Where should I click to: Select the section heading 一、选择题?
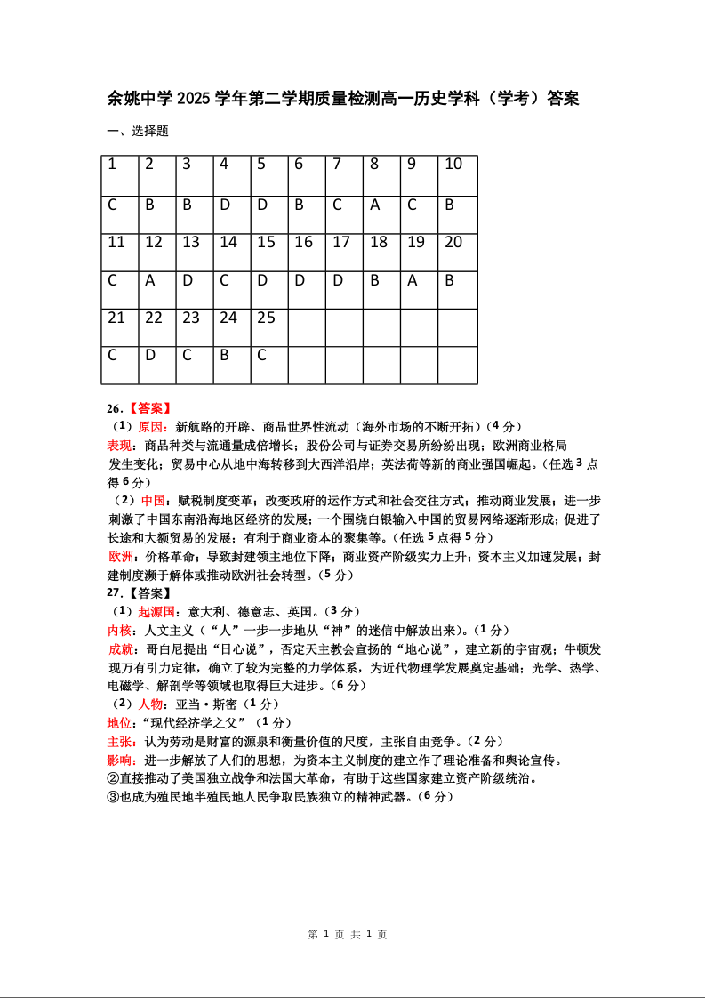tap(138, 132)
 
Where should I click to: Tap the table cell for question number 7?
tap(344, 175)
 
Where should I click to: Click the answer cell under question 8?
tap(381, 214)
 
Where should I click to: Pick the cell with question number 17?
tap(344, 253)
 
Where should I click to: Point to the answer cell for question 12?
tap(157, 290)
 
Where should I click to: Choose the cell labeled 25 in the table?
tap(269, 327)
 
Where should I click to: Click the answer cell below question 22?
tap(157, 365)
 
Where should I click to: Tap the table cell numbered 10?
tap(457, 175)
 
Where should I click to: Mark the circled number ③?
tap(113, 797)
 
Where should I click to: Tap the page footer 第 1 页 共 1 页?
tap(348, 935)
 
